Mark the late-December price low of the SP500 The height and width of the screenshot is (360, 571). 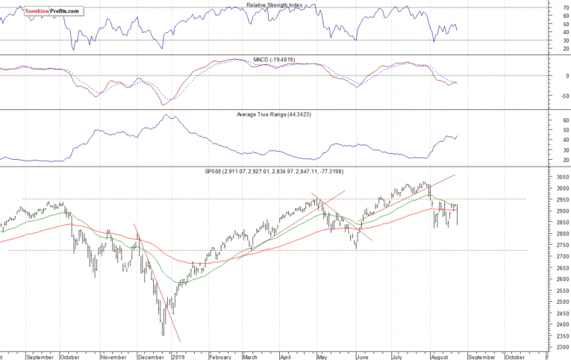(163, 335)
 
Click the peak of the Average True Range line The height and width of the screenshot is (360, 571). (169, 115)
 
